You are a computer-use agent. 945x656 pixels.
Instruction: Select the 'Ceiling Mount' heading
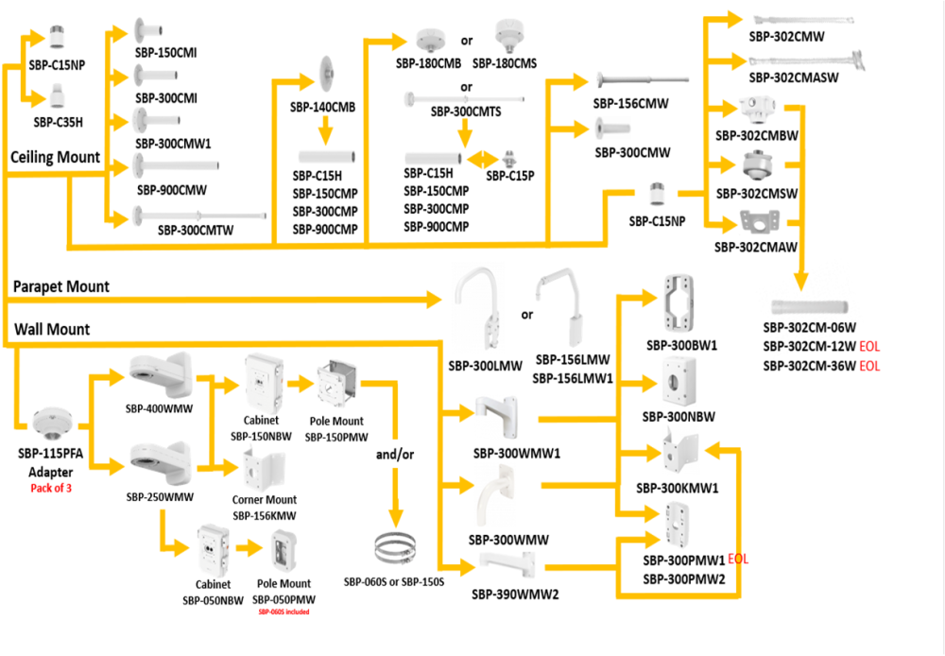point(56,157)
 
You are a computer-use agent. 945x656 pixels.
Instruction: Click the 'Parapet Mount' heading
point(61,285)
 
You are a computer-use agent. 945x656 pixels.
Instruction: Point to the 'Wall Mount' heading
point(52,329)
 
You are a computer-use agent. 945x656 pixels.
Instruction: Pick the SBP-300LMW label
point(484,365)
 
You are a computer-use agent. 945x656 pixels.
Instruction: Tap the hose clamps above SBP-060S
point(394,549)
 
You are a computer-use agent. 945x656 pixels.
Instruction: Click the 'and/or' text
point(394,454)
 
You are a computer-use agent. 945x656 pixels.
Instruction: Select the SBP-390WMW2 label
point(516,595)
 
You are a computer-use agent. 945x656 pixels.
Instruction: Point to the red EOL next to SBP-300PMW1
point(738,560)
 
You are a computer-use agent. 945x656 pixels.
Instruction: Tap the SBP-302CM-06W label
point(809,328)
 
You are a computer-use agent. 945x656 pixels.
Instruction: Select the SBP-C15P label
point(510,175)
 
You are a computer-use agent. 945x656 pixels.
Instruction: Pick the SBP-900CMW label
point(170,189)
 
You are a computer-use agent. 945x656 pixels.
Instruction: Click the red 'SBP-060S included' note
point(284,612)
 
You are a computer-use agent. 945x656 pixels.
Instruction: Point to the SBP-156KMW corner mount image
point(264,468)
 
